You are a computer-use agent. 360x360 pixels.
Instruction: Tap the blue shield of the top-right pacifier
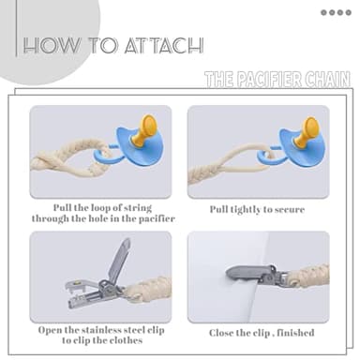[292, 150]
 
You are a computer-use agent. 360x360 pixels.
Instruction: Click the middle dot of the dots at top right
[336, 12]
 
